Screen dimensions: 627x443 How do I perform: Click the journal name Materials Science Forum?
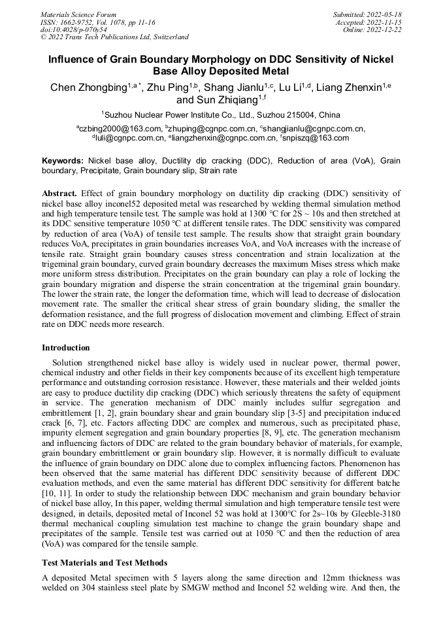(78, 14)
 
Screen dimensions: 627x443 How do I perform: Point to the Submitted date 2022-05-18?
(367, 14)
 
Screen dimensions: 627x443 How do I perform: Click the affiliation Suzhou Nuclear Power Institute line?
(221, 115)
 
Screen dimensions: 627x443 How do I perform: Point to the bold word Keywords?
(63, 160)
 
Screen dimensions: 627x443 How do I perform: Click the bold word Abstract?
(59, 194)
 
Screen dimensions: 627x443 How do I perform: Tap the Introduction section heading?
(66, 348)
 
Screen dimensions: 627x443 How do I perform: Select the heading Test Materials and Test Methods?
(105, 562)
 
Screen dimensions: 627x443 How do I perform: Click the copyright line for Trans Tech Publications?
(114, 37)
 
